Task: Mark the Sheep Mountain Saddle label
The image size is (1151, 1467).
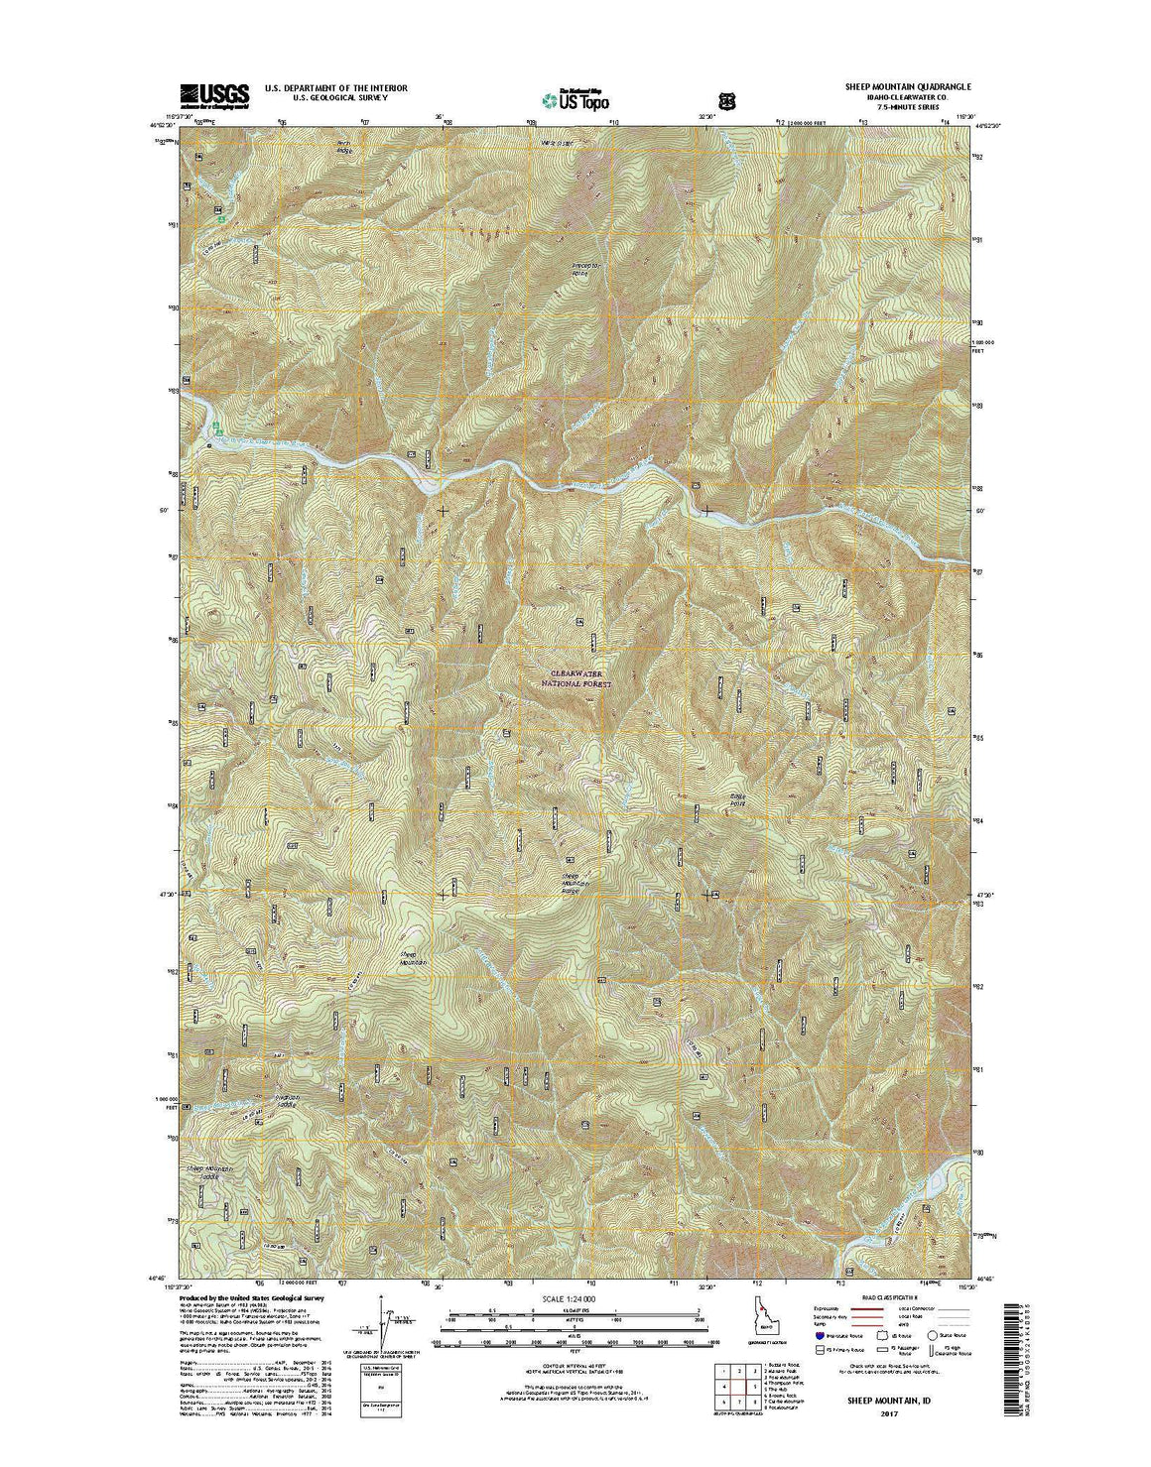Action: coord(214,1170)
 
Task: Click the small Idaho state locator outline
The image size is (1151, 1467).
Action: coord(758,1319)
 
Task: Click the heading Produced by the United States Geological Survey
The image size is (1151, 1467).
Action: coord(253,1297)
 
